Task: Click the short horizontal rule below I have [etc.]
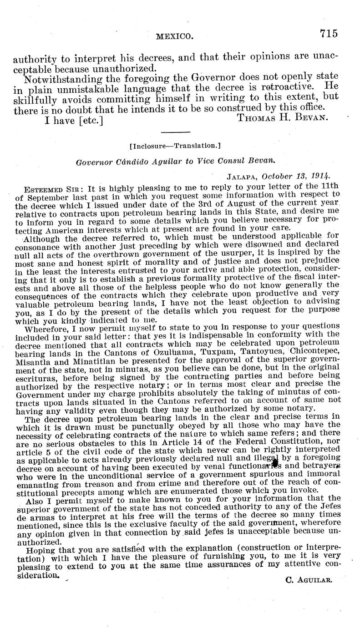tap(175, 132)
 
